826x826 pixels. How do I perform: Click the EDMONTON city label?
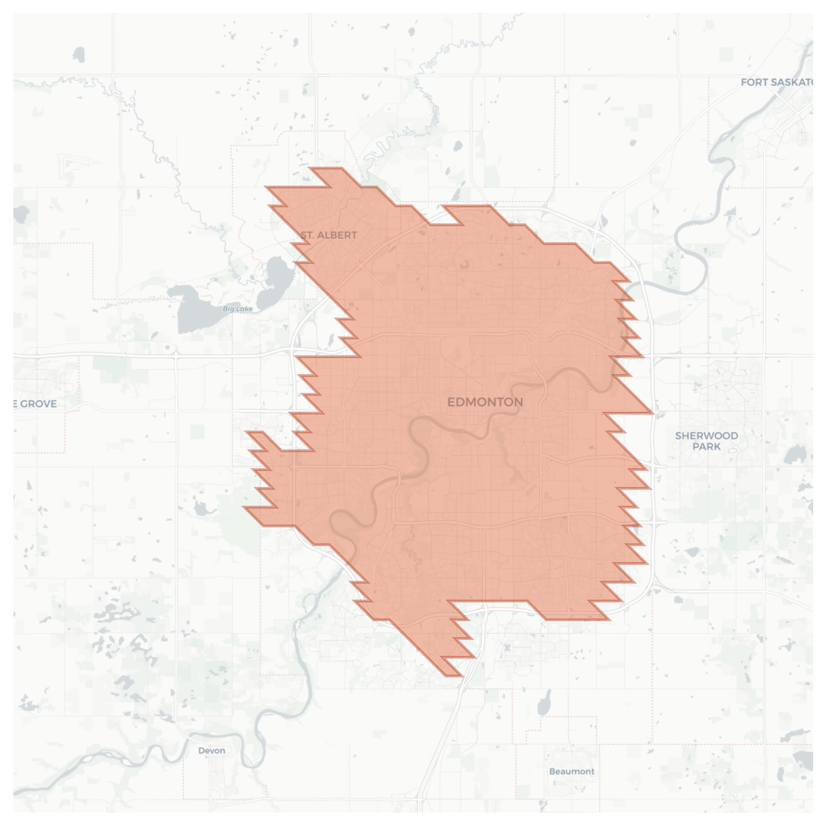click(485, 402)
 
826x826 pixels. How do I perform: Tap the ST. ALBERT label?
click(329, 235)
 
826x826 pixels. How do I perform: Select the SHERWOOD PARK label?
click(706, 441)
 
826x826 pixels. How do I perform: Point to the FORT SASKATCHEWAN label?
click(776, 82)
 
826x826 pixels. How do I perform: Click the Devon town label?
click(212, 750)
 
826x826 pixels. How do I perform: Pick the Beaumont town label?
click(572, 771)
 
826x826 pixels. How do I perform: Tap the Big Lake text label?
click(238, 309)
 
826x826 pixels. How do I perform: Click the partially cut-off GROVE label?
click(36, 404)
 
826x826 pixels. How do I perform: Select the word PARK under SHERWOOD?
click(706, 447)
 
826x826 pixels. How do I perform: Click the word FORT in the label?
click(754, 82)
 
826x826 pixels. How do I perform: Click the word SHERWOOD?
click(706, 436)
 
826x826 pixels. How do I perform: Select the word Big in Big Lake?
click(228, 309)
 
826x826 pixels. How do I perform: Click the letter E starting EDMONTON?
click(451, 402)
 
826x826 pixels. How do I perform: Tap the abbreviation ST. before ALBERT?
click(306, 235)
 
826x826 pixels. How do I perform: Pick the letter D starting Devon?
click(201, 750)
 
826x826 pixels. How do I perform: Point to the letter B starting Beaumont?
click(552, 771)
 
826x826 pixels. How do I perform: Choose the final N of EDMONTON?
click(519, 402)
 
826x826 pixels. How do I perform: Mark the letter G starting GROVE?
click(24, 404)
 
